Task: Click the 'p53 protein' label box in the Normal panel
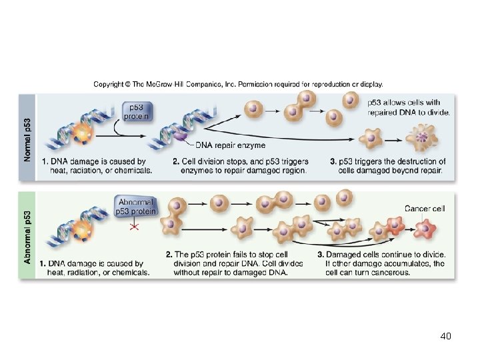pos(137,112)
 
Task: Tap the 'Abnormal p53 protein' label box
pos(137,207)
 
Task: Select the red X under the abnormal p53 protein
pos(134,227)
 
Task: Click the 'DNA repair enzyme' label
pos(230,145)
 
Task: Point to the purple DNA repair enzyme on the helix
pos(181,136)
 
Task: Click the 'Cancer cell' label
pos(425,209)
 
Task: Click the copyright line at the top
pos(238,85)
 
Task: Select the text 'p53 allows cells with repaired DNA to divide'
pos(409,107)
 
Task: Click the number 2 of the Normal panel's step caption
pos(175,162)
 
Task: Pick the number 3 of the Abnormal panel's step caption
pos(320,255)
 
